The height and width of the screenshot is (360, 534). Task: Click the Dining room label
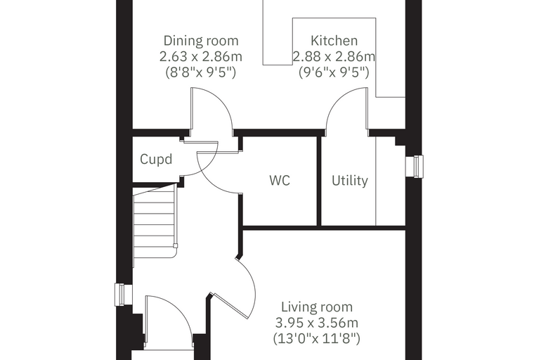click(201, 41)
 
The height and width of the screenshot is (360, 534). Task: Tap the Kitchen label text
click(334, 41)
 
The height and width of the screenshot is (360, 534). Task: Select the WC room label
click(280, 180)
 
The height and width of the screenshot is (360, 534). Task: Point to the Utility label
click(350, 180)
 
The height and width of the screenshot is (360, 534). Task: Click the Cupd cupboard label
click(156, 159)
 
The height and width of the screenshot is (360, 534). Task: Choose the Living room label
click(317, 307)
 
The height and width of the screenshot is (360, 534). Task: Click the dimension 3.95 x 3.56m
click(317, 323)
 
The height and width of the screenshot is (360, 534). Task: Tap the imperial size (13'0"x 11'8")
click(317, 338)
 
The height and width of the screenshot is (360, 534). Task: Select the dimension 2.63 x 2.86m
click(201, 56)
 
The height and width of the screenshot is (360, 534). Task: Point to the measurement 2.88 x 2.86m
click(334, 56)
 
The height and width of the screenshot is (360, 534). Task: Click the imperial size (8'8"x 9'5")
click(201, 72)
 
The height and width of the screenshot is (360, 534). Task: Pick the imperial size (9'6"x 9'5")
click(334, 72)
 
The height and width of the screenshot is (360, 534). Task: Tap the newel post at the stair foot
click(176, 245)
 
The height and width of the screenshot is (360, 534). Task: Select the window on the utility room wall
click(415, 167)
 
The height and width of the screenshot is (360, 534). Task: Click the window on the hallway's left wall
click(122, 295)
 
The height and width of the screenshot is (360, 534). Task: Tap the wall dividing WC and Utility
click(319, 181)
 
